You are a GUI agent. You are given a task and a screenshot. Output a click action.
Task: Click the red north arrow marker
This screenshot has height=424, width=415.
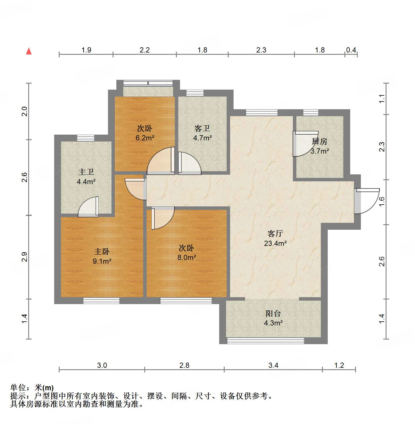(x=29, y=51)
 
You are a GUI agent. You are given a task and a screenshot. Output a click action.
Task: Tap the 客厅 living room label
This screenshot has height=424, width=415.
(x=275, y=233)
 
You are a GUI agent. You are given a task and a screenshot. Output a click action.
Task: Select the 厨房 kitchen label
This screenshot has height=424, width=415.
(x=320, y=142)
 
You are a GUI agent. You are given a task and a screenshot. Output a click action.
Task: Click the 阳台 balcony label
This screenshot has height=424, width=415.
(x=273, y=313)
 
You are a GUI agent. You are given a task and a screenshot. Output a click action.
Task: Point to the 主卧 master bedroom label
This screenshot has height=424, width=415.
(x=102, y=251)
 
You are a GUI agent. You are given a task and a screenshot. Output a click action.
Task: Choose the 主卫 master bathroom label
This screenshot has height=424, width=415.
(x=86, y=172)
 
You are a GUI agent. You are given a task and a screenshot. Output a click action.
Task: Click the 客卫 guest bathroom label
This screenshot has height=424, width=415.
(x=202, y=128)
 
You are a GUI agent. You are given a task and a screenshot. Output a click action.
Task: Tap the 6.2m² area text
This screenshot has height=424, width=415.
(x=145, y=138)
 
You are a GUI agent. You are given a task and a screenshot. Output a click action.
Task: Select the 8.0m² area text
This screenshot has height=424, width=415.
(x=187, y=257)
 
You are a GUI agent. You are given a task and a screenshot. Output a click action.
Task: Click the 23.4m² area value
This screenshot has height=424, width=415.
(x=275, y=243)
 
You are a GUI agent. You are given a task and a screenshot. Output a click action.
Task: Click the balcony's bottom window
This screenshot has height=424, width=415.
(x=265, y=341)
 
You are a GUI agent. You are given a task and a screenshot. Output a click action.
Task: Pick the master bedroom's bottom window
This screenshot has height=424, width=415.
(x=101, y=301)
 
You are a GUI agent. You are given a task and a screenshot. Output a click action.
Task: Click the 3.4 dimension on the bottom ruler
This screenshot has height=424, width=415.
(x=273, y=365)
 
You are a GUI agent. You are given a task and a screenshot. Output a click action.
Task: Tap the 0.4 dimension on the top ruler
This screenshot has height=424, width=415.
(x=351, y=50)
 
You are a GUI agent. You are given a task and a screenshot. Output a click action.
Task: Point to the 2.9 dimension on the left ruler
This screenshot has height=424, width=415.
(x=25, y=257)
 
